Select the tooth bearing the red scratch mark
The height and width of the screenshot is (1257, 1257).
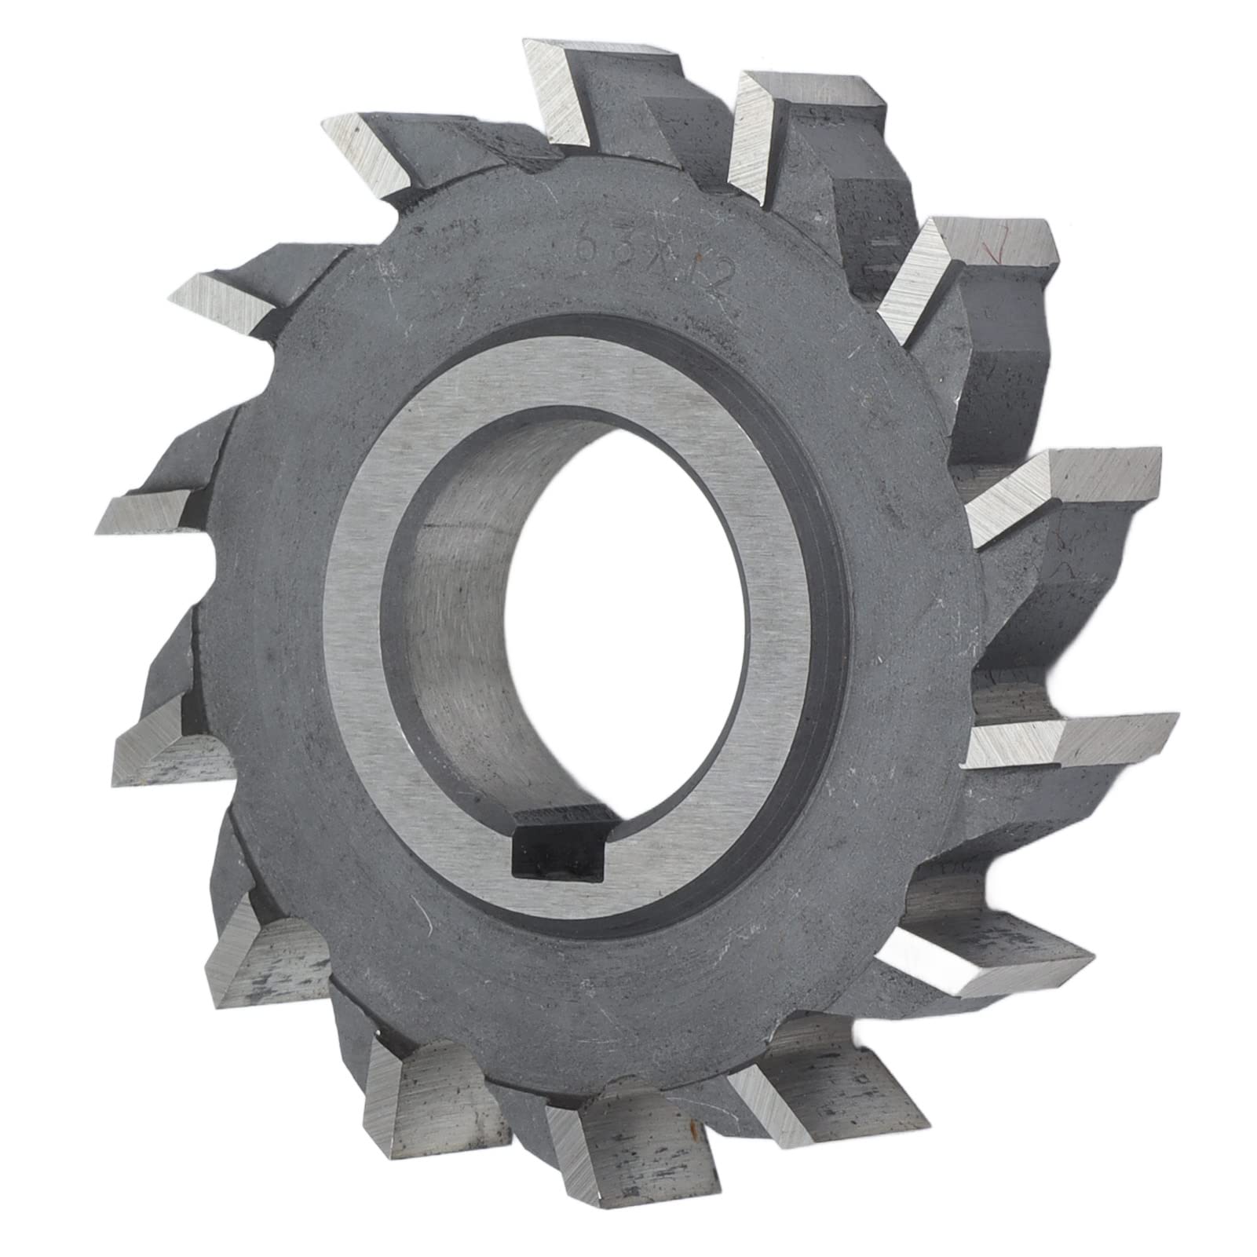pos(974,259)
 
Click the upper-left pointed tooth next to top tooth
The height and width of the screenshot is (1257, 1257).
pos(377,149)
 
